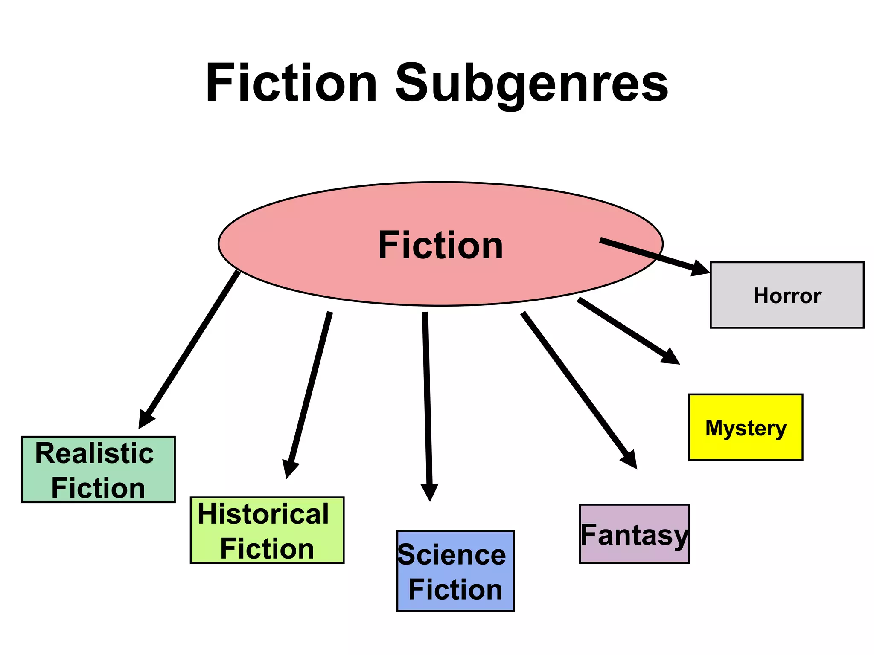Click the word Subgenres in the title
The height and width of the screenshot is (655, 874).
pos(531,83)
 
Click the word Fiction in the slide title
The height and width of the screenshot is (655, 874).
pos(291,83)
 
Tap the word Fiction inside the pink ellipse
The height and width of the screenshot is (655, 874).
pos(440,245)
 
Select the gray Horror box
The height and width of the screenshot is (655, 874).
pos(787,295)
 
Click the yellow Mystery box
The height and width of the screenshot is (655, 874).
pos(746,427)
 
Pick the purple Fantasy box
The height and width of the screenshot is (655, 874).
pos(634,534)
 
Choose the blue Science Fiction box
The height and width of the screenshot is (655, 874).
pos(455,571)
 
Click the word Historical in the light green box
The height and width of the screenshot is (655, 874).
pos(263,514)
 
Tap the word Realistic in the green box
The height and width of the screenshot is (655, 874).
pos(94,453)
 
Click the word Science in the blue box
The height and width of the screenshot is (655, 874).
pos(452,555)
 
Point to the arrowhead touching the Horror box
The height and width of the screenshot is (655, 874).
pos(700,268)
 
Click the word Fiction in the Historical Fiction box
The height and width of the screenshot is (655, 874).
pos(267,549)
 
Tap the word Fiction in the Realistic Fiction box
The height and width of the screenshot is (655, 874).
pos(98,488)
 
